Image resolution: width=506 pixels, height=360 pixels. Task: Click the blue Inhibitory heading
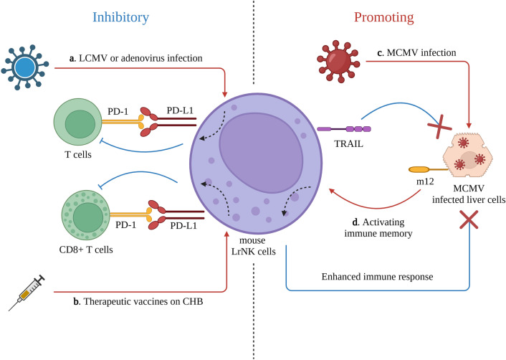pyautogui.click(x=120, y=17)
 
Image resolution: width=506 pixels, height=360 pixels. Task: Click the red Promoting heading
pyautogui.click(x=383, y=17)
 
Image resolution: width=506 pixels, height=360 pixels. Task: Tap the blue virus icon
pyautogui.click(x=25, y=67)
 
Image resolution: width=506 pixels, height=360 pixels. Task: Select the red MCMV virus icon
pyautogui.click(x=338, y=62)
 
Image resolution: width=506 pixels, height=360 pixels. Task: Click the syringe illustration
pyautogui.click(x=27, y=293)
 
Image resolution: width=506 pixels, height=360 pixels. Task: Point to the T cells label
pyautogui.click(x=78, y=155)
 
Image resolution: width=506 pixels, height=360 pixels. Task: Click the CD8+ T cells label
pyautogui.click(x=86, y=250)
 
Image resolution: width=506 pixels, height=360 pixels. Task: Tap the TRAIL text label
pyautogui.click(x=348, y=143)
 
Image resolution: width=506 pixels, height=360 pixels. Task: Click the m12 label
pyautogui.click(x=425, y=181)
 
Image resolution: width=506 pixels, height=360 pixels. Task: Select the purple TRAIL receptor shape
pyautogui.click(x=344, y=129)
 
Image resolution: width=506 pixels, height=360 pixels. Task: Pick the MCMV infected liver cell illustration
pyautogui.click(x=468, y=156)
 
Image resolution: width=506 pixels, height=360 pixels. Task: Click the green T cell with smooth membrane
pyautogui.click(x=78, y=123)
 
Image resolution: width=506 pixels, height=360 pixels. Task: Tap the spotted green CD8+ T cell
pyautogui.click(x=86, y=215)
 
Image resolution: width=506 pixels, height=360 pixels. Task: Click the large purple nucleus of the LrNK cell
pyautogui.click(x=261, y=153)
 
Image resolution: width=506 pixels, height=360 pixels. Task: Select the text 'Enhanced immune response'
pyautogui.click(x=377, y=277)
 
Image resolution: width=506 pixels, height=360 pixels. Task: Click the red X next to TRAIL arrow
pyautogui.click(x=439, y=127)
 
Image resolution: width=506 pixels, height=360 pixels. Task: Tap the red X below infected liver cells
pyautogui.click(x=469, y=219)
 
